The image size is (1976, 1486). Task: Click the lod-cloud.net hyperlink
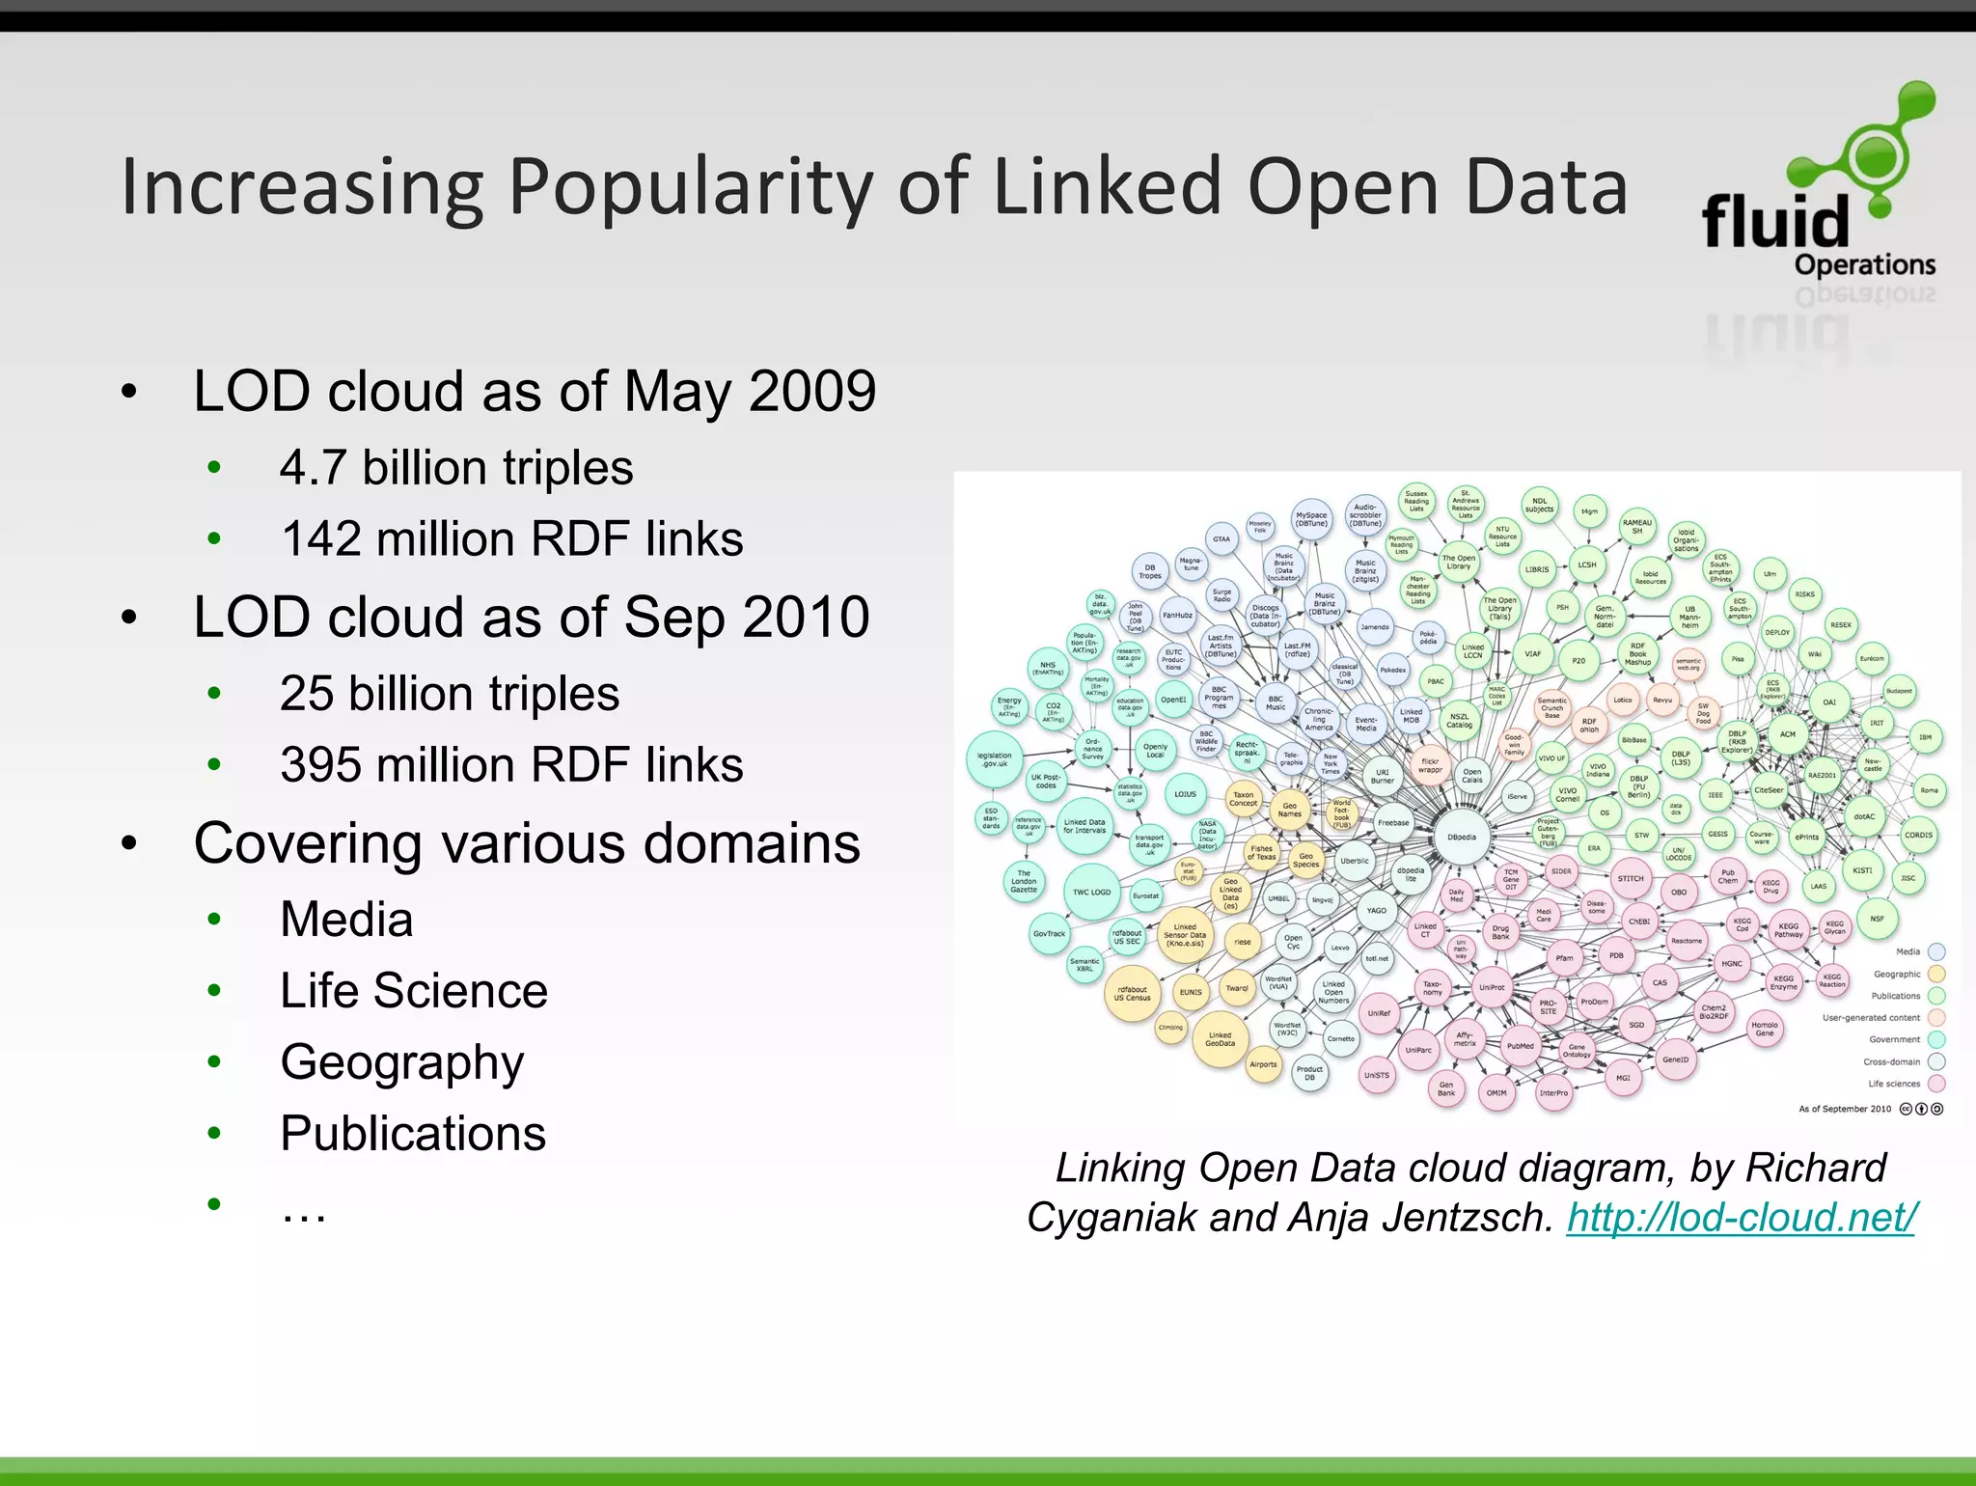pos(1741,1218)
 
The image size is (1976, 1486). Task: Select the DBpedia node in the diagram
pos(1462,838)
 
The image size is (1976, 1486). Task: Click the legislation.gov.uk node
pos(995,759)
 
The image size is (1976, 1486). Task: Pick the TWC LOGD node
pos(1091,893)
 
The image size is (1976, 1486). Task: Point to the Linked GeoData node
pos(1220,1039)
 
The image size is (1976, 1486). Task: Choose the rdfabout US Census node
pos(1132,993)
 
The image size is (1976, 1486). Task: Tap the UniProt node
pos(1492,987)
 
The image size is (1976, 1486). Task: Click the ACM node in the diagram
pos(1788,734)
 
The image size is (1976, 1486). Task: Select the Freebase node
pos(1393,823)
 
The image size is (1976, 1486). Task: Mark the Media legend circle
pos(1935,951)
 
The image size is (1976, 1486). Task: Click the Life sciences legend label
pos(1894,1084)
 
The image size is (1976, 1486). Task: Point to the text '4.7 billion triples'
pos(456,468)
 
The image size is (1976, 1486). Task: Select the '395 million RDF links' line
pos(511,765)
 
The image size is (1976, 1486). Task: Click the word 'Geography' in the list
pos(402,1062)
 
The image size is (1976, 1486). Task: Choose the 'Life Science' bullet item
pos(414,991)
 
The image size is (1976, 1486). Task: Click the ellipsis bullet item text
pos(304,1208)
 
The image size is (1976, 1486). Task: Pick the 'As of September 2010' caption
pos(1845,1109)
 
